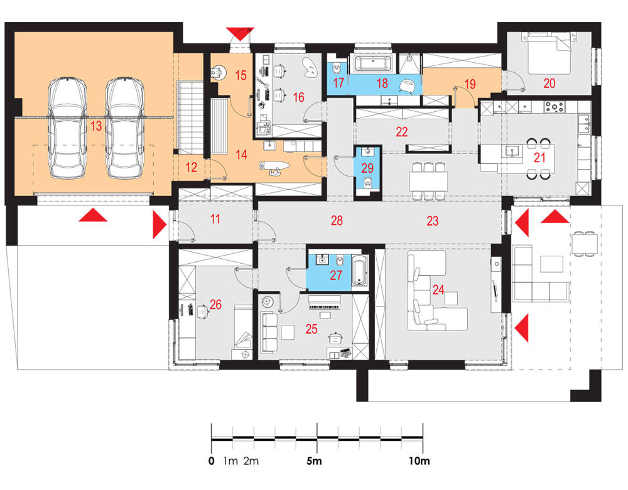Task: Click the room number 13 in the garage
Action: point(96,126)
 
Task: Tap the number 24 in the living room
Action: point(438,289)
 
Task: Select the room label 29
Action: point(367,168)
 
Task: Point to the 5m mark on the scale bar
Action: point(315,460)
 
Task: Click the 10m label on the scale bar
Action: point(420,460)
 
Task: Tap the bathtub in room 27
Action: point(360,270)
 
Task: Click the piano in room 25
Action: point(325,303)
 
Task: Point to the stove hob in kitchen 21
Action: point(555,107)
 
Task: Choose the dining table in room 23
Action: point(428,181)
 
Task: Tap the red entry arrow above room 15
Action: point(240,33)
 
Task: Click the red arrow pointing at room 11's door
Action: point(160,225)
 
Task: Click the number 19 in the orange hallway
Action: point(470,84)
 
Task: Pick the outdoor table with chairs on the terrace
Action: point(584,243)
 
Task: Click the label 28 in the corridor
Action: point(337,220)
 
